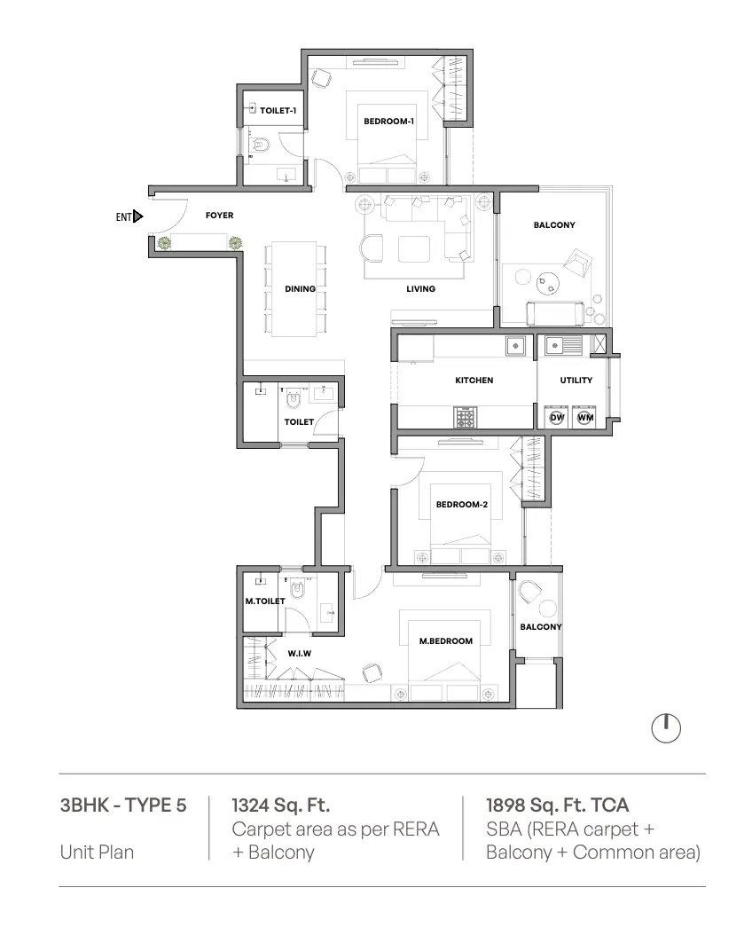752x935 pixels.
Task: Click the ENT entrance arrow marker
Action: pos(138,216)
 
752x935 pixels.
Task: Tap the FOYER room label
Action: pos(219,216)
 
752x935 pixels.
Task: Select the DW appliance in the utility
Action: pos(557,418)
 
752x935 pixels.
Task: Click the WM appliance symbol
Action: pos(585,418)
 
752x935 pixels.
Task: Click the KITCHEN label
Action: pos(474,380)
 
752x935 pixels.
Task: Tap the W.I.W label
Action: pos(299,654)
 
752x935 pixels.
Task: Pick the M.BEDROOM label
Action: pos(446,641)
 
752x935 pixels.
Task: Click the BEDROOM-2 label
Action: pos(462,505)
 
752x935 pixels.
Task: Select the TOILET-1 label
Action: pos(278,110)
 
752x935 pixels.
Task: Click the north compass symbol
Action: pos(666,728)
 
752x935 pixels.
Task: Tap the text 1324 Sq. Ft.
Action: pos(280,805)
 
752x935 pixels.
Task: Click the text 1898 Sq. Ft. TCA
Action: pos(557,805)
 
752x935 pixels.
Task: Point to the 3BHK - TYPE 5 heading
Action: pos(123,805)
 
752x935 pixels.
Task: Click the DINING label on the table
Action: pos(301,288)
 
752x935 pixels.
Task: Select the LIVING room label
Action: pos(420,288)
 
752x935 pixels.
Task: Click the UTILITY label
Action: pos(576,380)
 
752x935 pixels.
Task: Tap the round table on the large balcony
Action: pos(548,284)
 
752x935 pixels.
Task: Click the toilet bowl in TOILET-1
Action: pos(260,145)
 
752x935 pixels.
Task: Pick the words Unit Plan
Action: pos(97,852)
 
